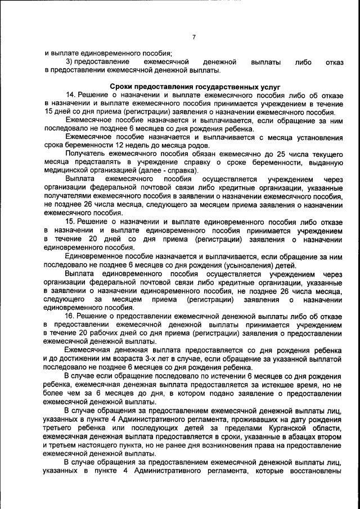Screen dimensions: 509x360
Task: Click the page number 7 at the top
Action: pos(193,37)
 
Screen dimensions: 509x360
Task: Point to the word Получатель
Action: pos(84,154)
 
